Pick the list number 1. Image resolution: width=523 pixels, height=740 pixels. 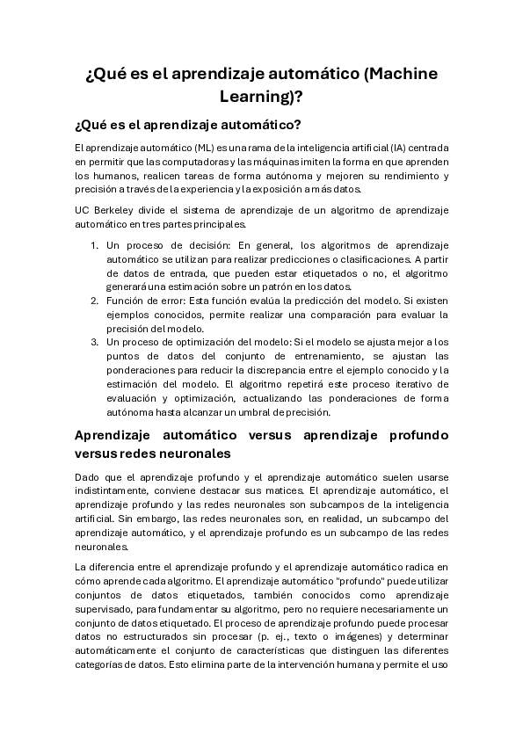click(95, 246)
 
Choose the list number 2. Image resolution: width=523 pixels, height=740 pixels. click(95, 301)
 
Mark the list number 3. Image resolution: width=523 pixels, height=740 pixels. click(95, 341)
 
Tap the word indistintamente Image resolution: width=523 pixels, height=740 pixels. click(113, 490)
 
